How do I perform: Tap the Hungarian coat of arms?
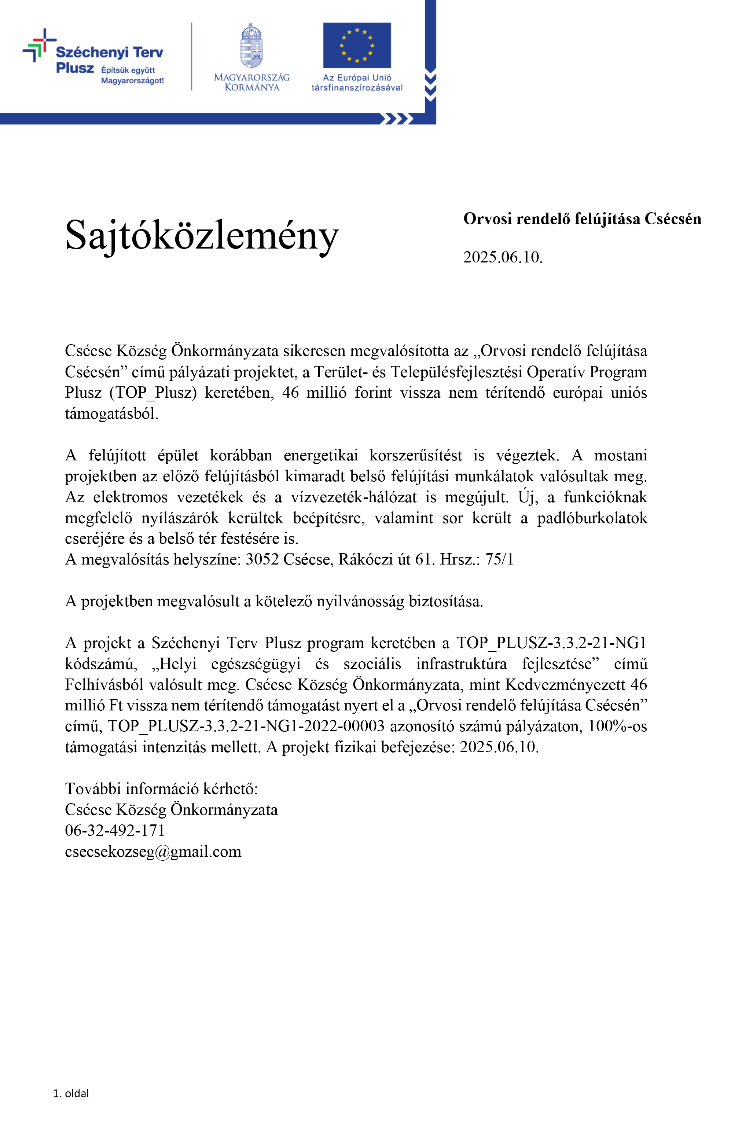pyautogui.click(x=251, y=46)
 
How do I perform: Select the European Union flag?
pyautogui.click(x=357, y=45)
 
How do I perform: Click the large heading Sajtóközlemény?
pyautogui.click(x=202, y=235)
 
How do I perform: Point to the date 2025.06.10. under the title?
pyautogui.click(x=503, y=257)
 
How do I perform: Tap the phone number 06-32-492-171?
pyautogui.click(x=115, y=830)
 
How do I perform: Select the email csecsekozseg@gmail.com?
pyautogui.click(x=153, y=851)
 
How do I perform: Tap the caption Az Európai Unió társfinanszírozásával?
pyautogui.click(x=357, y=83)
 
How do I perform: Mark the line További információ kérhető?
pyautogui.click(x=161, y=788)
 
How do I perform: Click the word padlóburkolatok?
pyautogui.click(x=592, y=518)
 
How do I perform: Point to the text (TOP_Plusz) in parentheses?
pyautogui.click(x=153, y=393)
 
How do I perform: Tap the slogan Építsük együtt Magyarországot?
pyautogui.click(x=132, y=75)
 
